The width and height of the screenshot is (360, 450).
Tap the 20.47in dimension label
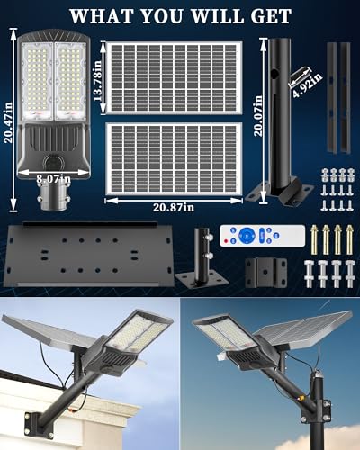pos(8,122)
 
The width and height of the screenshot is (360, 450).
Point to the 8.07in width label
pos(54,179)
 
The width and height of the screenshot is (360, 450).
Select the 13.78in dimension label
pos(97,81)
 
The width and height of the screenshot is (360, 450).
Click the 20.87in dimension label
pos(174,207)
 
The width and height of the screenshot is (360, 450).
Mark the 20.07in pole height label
pos(258,116)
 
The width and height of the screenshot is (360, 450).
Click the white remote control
pos(263,236)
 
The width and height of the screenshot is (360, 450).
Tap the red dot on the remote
pos(226,240)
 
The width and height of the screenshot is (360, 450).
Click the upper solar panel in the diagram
pos(174,77)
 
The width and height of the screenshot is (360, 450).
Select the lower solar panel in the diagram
pos(174,158)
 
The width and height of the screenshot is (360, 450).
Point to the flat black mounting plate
pos(89,255)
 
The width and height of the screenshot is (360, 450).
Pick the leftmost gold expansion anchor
pos(314,239)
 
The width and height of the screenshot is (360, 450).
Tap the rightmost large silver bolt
pos(350,274)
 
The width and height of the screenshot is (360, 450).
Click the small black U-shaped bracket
pos(266,273)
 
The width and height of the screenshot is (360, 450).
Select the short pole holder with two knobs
pos(202,257)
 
